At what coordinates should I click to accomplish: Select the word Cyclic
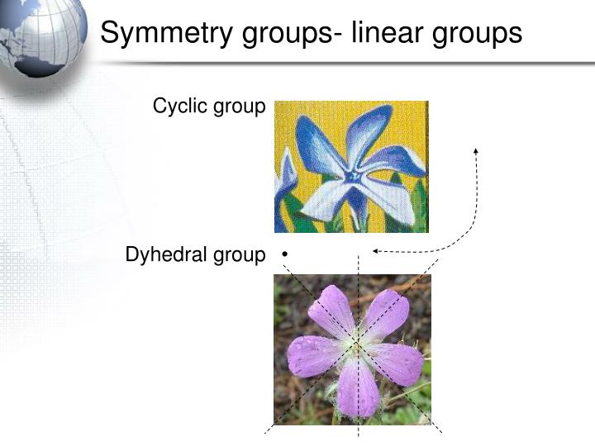(178, 107)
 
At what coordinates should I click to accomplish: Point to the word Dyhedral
(162, 256)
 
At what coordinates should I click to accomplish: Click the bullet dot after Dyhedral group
(283, 256)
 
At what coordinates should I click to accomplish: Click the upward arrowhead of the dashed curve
(476, 151)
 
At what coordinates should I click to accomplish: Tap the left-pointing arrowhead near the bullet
(376, 250)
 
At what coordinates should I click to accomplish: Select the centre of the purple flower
(356, 343)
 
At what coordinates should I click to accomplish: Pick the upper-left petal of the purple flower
(330, 309)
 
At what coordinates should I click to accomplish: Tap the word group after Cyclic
(242, 107)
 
